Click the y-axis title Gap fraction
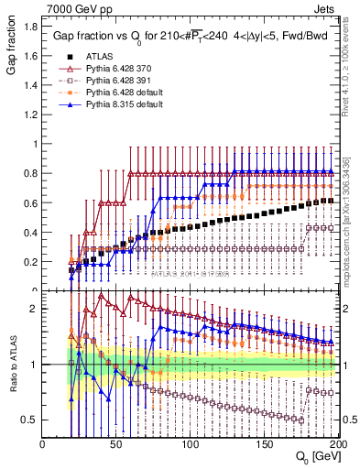coord(12,49)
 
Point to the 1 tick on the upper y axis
coord(35,145)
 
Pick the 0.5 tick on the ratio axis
coord(29,419)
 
